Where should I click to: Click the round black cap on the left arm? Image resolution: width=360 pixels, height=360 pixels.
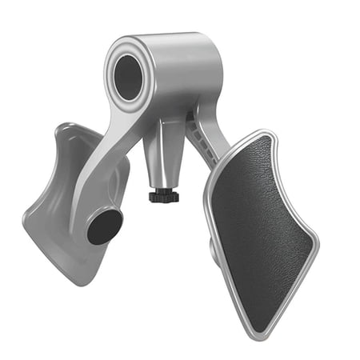tap(104, 226)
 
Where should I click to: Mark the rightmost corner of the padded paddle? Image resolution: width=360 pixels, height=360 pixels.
tap(317, 240)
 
